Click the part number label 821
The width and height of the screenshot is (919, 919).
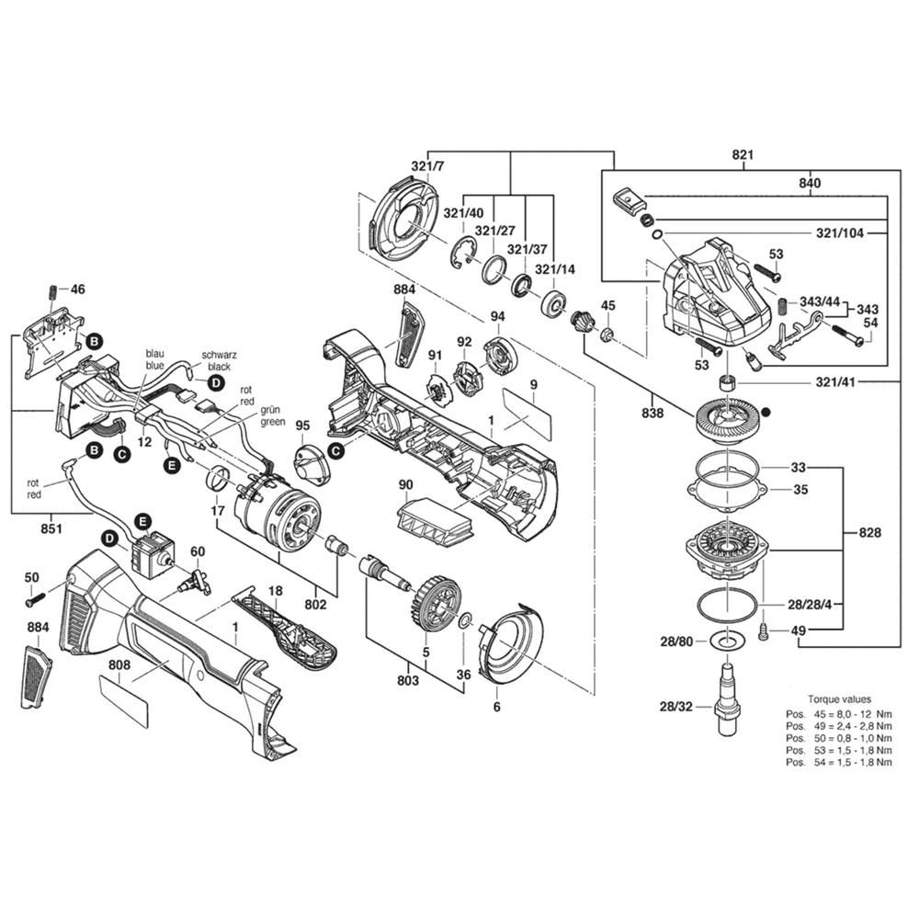pos(743,155)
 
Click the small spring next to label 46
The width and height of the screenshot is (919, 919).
pos(51,292)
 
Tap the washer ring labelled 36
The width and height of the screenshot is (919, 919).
pos(466,618)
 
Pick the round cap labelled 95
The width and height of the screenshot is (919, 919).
pos(311,461)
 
